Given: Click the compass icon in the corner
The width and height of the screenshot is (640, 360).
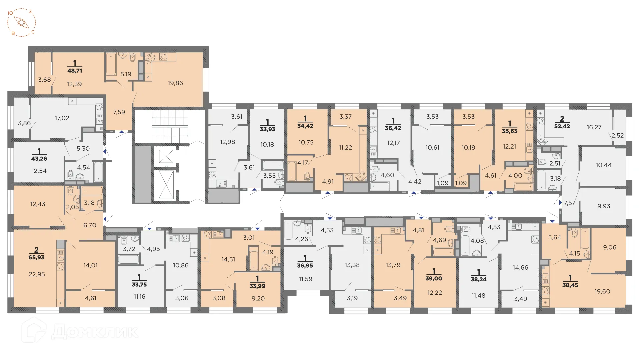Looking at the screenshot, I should tap(22, 23).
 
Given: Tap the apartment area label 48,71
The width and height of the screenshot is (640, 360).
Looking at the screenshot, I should tap(75, 71).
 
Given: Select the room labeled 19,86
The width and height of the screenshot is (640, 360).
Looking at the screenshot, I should tap(175, 83).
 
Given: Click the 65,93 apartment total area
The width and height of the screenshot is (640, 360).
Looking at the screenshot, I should tap(36, 257).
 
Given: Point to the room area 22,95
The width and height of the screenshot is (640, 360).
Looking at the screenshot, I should tap(37, 274).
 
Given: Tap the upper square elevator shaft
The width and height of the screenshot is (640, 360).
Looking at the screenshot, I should tap(166, 156).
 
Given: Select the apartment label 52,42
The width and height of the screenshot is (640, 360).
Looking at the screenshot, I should tap(562, 126).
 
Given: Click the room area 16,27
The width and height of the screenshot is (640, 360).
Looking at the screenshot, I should tap(594, 127).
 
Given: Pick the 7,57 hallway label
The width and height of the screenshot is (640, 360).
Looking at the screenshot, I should tap(569, 203).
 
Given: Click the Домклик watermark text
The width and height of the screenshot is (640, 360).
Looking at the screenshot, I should tap(95, 332).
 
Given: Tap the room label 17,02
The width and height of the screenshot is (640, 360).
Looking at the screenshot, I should tap(62, 118).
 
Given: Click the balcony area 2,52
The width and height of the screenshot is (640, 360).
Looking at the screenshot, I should tap(617, 136).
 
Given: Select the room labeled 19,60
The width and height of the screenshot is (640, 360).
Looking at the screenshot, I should tap(602, 291).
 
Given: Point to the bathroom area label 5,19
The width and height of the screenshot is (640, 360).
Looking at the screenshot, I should tap(126, 74).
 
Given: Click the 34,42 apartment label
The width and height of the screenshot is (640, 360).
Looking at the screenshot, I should tap(305, 126).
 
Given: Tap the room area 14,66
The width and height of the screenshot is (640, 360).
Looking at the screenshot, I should tap(520, 267).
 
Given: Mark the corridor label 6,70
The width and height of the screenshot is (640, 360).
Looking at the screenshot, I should tap(90, 225).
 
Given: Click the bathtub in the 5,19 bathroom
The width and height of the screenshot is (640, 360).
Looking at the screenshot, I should tap(111, 64).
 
